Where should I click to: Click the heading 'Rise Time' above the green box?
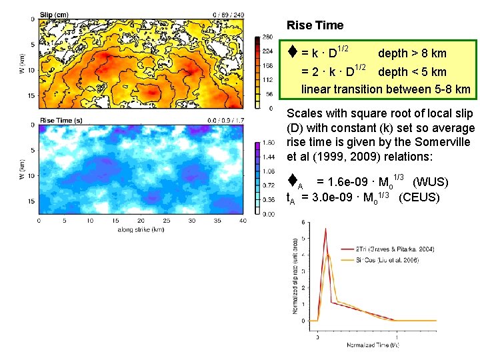tap(315, 25)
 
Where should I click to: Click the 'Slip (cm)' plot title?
tap(55, 14)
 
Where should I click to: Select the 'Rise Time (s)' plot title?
tap(61, 120)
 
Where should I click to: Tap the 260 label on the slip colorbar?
tap(267, 37)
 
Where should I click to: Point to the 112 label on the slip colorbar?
tap(267, 79)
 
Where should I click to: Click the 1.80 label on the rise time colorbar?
tap(268, 143)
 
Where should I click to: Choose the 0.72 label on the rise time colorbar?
tap(268, 185)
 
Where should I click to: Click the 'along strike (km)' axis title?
tap(141, 229)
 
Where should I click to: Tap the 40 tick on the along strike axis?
tap(242, 221)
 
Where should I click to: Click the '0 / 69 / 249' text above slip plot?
tap(228, 14)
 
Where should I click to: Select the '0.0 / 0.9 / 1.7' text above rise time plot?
tap(224, 120)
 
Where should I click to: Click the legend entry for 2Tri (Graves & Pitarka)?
tap(398, 249)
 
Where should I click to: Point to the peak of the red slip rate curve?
tap(325, 229)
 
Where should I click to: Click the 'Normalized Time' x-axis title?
tap(372, 345)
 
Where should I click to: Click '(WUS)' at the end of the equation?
tap(430, 182)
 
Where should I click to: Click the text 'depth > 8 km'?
tap(412, 53)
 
